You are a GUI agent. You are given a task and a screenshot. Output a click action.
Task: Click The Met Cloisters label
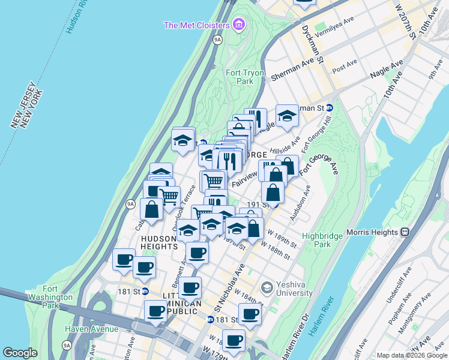pos(197,25)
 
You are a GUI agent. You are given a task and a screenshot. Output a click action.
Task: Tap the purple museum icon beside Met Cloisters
pos(239,25)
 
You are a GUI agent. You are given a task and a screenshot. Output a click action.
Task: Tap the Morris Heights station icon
pos(405,232)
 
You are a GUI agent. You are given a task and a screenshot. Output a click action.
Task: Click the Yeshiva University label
pos(294,289)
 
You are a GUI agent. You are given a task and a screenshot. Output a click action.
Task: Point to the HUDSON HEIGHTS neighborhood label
pos(159,242)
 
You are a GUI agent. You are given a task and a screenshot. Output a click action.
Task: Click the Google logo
pos(20,353)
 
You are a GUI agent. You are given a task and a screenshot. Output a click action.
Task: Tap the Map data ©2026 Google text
pos(411,355)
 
